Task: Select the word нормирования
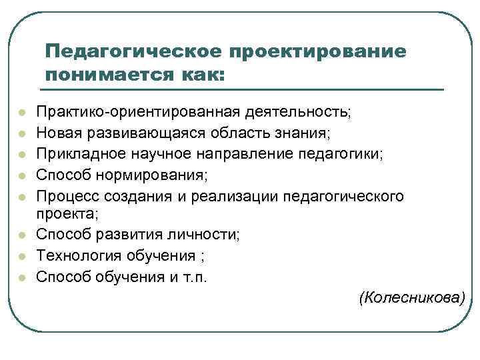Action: [161, 175]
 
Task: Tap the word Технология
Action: [75, 255]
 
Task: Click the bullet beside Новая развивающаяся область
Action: [21, 133]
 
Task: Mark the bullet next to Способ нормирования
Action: [21, 176]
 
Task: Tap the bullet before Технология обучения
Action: [21, 256]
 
